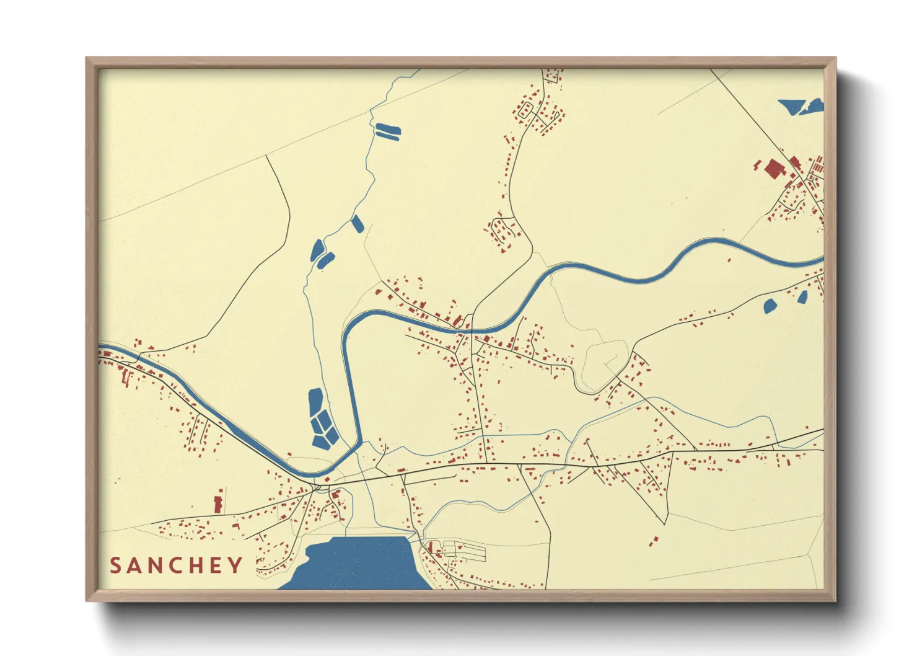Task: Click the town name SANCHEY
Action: [177, 565]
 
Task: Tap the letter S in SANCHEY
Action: [116, 565]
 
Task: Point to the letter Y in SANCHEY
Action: [235, 565]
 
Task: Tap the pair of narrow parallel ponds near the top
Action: [388, 130]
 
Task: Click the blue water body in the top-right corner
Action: [801, 106]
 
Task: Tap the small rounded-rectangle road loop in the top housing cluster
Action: [524, 111]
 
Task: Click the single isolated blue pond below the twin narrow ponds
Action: [358, 224]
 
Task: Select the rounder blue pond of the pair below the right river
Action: [770, 306]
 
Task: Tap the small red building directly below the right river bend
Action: [729, 260]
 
